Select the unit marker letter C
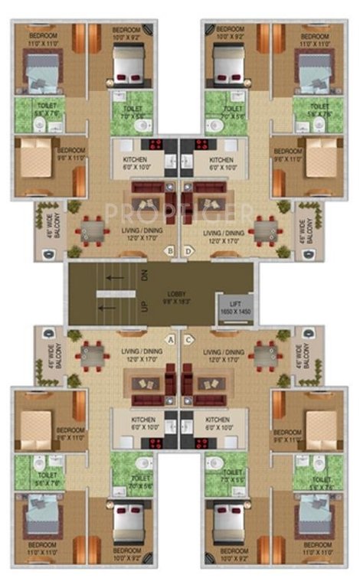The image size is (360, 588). (x=188, y=338)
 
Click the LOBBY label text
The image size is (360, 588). (x=178, y=296)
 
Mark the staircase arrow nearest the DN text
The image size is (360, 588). (x=115, y=278)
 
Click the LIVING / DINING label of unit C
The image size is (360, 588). (x=223, y=354)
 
